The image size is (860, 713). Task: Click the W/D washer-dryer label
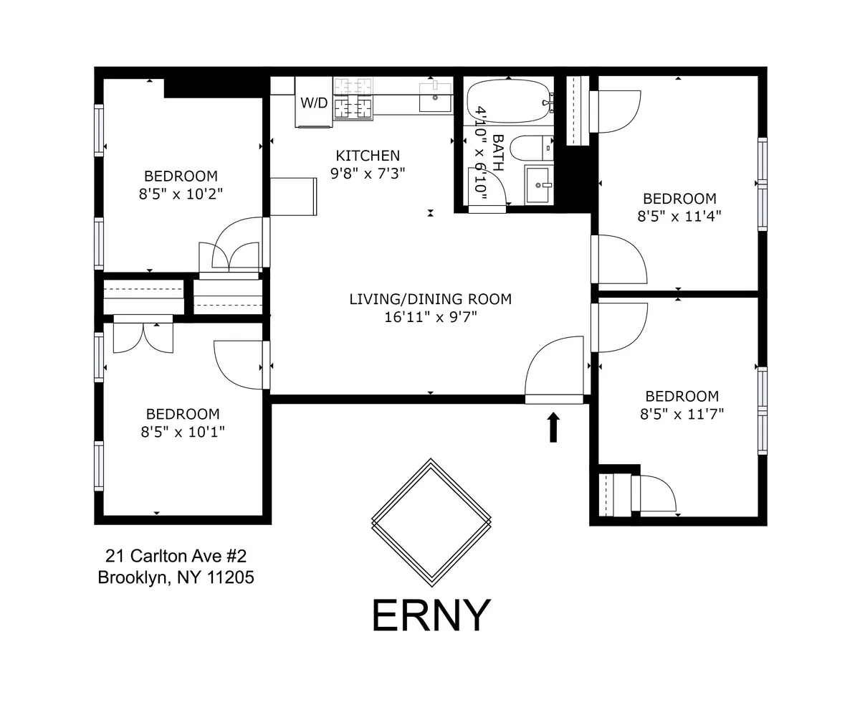pyautogui.click(x=314, y=103)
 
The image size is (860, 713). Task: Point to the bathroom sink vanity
pyautogui.click(x=538, y=185)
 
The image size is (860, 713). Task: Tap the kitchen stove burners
pyautogui.click(x=353, y=98)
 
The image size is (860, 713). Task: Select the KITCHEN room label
pyautogui.click(x=368, y=156)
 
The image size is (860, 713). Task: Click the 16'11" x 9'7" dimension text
pyautogui.click(x=430, y=317)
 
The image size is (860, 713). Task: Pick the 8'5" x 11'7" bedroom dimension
pyautogui.click(x=682, y=414)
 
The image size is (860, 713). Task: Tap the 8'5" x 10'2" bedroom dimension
pyautogui.click(x=181, y=194)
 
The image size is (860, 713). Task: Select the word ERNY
pyautogui.click(x=431, y=615)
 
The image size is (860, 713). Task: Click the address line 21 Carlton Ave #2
pyautogui.click(x=176, y=556)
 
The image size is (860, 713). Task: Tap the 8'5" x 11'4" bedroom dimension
pyautogui.click(x=679, y=217)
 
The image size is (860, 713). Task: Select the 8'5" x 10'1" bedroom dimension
pyautogui.click(x=182, y=432)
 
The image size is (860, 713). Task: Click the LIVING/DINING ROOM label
pyautogui.click(x=430, y=299)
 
